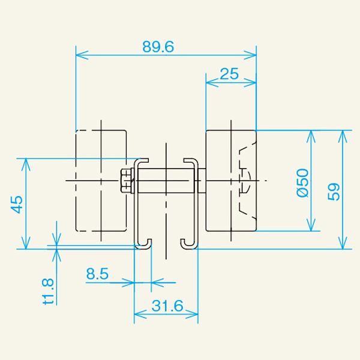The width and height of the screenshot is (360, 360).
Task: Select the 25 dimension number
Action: pyautogui.click(x=229, y=74)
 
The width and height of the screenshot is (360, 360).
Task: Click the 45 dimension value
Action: pyautogui.click(x=17, y=204)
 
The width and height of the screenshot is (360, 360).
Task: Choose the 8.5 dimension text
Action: pyautogui.click(x=97, y=274)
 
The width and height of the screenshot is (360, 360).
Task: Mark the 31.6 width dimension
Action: pyautogui.click(x=167, y=306)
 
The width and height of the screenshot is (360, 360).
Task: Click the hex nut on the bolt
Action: pyautogui.click(x=127, y=181)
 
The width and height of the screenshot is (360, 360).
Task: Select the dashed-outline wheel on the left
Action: pyautogui.click(x=101, y=180)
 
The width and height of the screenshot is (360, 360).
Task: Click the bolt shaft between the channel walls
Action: pyautogui.click(x=165, y=181)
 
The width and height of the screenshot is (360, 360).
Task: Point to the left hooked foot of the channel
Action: pyautogui.click(x=143, y=243)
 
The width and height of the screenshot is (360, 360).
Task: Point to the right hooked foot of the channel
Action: pyautogui.click(x=188, y=243)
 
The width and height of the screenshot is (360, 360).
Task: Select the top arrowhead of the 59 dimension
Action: pyautogui.click(x=343, y=134)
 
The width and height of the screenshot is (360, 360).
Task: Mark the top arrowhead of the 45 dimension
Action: pyautogui.click(x=25, y=163)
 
